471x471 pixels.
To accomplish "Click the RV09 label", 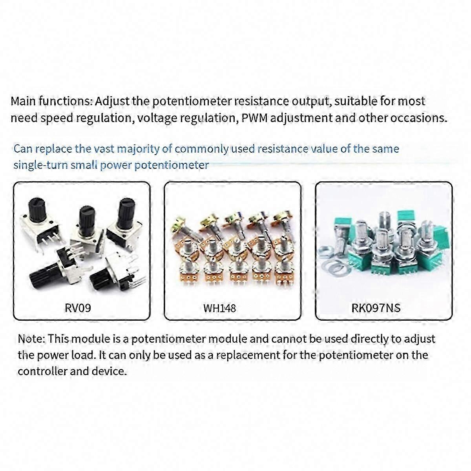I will click(78, 307).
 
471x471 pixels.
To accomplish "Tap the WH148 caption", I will click(219, 308).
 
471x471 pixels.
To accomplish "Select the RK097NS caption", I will click(376, 308).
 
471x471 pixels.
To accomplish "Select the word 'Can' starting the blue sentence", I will click(23, 149).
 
